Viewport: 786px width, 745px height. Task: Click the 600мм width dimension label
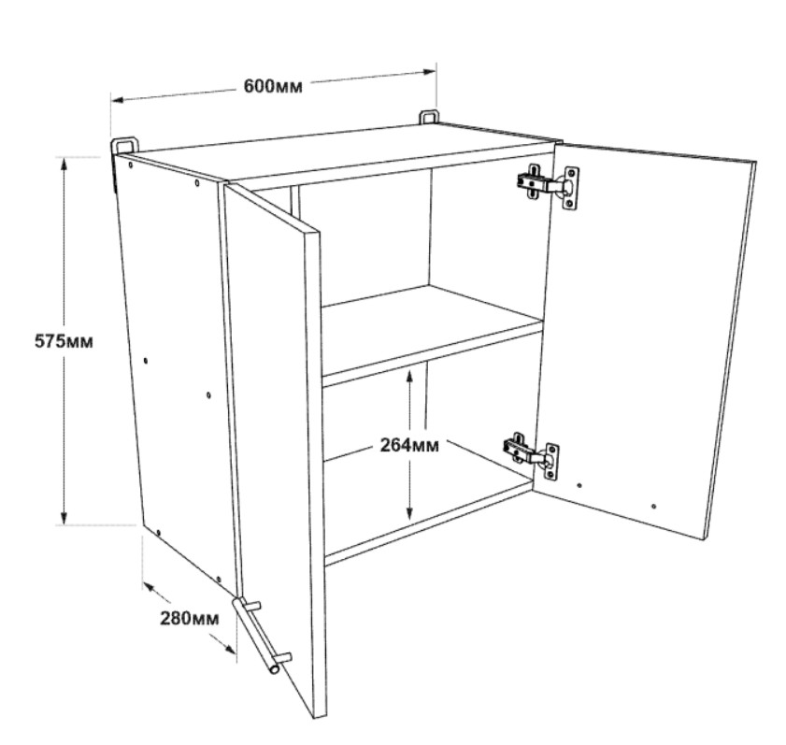273,86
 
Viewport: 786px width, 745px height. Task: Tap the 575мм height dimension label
64,341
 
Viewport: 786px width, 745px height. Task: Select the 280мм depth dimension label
190,619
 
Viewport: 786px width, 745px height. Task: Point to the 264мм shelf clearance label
409,445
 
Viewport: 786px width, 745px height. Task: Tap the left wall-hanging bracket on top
123,146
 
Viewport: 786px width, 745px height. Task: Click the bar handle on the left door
261,635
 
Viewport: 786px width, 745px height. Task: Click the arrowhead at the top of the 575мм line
64,164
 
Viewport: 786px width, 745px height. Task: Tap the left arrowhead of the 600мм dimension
118,100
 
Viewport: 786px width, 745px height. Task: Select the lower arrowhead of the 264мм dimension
409,512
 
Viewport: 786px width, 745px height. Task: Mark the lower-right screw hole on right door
653,507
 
